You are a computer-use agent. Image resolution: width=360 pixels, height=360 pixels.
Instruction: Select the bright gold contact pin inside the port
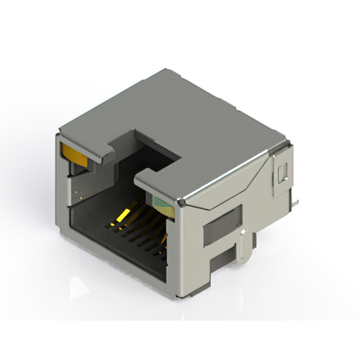[x=122, y=215]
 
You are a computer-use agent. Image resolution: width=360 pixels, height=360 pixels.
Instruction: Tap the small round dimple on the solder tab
[x=242, y=232]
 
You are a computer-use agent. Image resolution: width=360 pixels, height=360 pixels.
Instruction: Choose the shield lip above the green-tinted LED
[x=160, y=188]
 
